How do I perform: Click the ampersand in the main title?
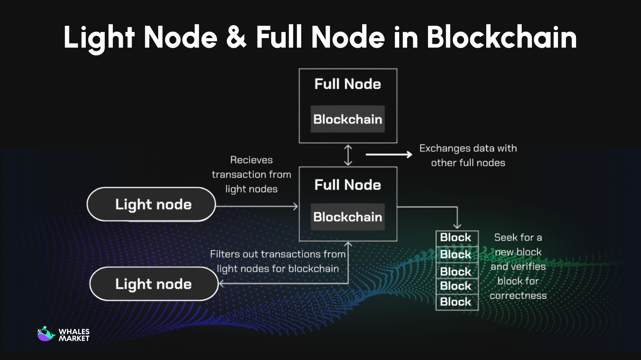coord(236,38)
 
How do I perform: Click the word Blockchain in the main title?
coord(502,38)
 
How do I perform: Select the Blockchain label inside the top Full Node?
coord(348,119)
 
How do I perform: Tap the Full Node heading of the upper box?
coord(348,84)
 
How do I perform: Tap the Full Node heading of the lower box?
coord(348,185)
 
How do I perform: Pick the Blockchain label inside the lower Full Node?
coord(348,217)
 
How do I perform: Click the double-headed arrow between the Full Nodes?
coord(348,155)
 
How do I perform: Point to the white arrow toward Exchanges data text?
coord(389,155)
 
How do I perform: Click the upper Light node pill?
coord(151,205)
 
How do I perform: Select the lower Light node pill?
coord(154,284)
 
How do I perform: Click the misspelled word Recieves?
coord(251,160)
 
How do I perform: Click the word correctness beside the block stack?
coord(518,296)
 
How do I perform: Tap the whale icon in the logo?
coord(46,334)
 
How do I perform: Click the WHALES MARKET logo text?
coord(74,335)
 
